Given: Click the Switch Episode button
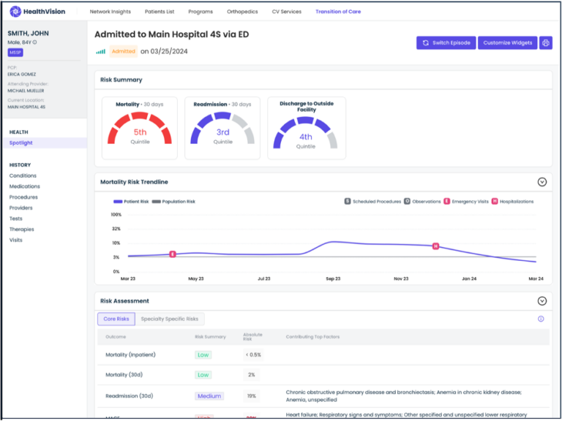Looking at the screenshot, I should pos(446,43).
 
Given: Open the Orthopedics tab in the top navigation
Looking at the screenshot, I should pos(242,12).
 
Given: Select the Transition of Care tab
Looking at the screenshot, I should pos(338,12).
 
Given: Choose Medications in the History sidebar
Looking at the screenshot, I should pos(25,186).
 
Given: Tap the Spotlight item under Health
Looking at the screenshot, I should pos(21,143).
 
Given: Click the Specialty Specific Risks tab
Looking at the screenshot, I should pos(170,319).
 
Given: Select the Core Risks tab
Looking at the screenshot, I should pos(116,319).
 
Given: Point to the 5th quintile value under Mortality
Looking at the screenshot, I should pos(140,132).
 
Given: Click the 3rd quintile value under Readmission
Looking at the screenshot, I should pos(222,132).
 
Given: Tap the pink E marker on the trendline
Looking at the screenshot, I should pos(173,254).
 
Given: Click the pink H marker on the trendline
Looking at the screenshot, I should pos(435,246).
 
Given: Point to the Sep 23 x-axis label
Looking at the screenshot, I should pos(333,278).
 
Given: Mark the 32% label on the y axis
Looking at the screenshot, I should pos(116,229).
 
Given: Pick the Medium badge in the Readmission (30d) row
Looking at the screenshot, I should pos(209,396).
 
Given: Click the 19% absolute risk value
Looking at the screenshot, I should pos(251,396).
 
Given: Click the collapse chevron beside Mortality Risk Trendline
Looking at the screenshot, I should pos(542,182).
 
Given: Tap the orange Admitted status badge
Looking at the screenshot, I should pos(123,51).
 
